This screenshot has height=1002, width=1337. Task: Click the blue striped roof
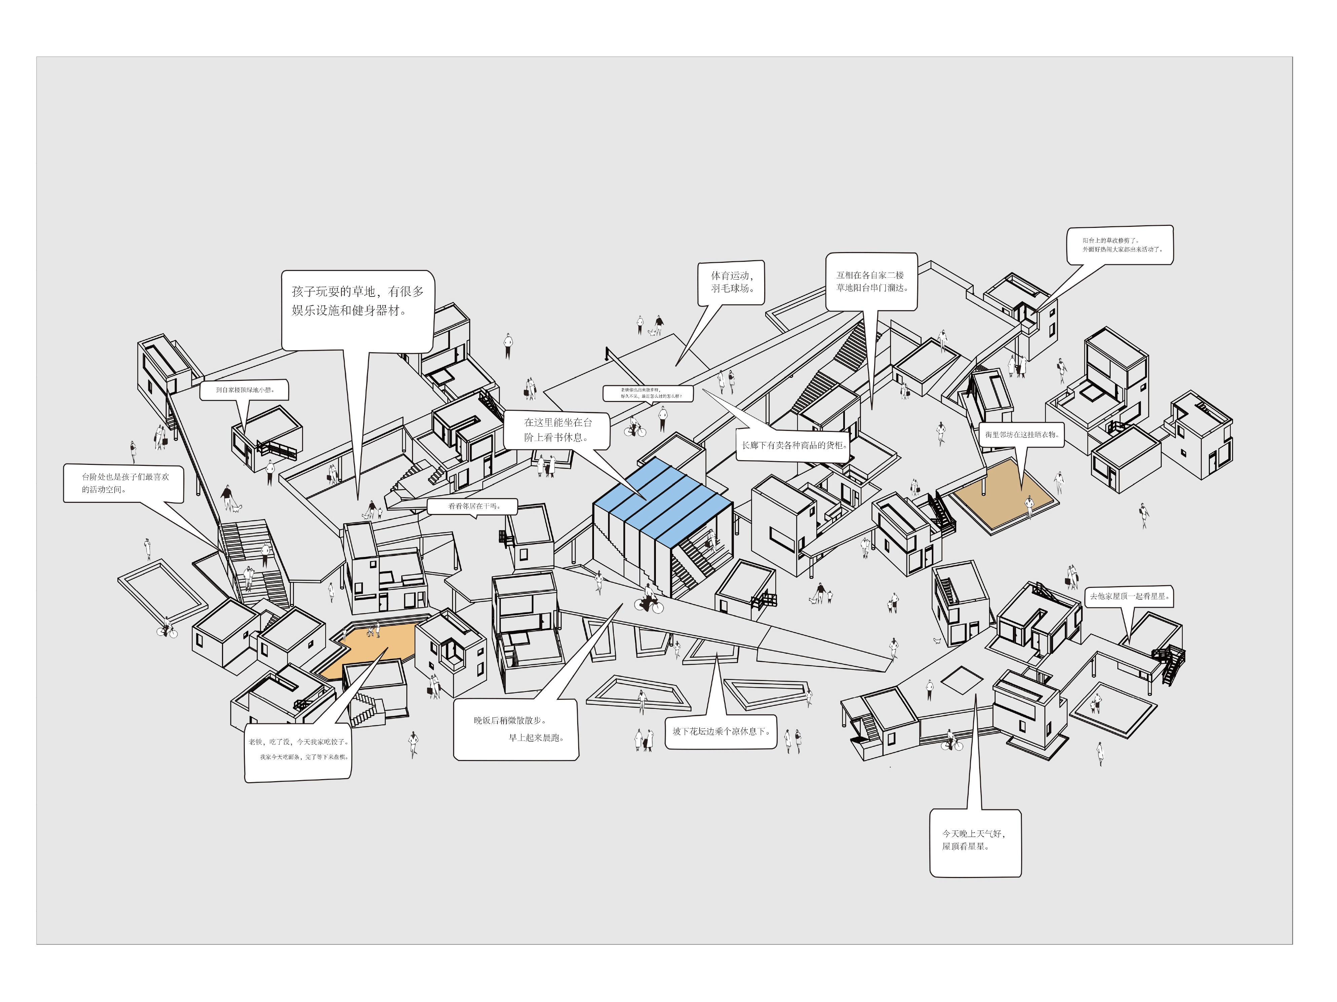click(x=662, y=501)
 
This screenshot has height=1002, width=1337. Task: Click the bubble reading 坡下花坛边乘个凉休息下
click(x=720, y=732)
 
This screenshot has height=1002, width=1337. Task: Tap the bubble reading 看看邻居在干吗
click(x=473, y=506)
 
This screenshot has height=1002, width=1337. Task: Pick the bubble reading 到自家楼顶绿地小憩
click(x=244, y=390)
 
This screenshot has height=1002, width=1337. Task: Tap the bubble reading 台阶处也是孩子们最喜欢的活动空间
click(x=123, y=483)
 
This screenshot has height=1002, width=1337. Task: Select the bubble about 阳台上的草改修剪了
click(x=1119, y=245)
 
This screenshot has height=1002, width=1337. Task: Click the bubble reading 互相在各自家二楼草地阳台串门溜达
click(x=871, y=281)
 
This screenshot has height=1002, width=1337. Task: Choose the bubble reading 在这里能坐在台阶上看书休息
click(x=557, y=430)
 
